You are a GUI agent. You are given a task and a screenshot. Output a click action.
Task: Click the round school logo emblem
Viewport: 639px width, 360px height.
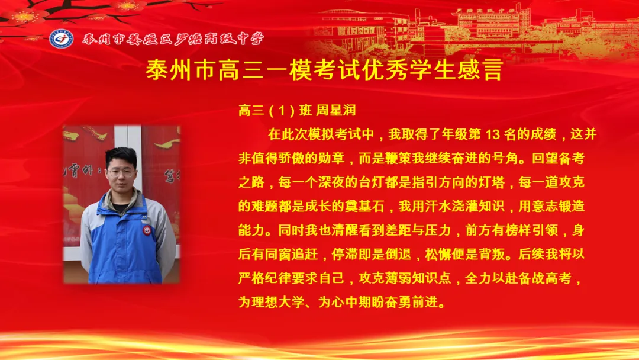[x=62, y=38]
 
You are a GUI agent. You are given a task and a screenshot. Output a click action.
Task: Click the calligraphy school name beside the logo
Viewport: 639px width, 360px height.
[x=173, y=39]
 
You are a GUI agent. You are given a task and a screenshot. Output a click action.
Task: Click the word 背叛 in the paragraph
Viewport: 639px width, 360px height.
[x=498, y=254]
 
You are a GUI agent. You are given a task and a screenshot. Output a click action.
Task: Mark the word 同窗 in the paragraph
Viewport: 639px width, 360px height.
[x=281, y=254]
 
